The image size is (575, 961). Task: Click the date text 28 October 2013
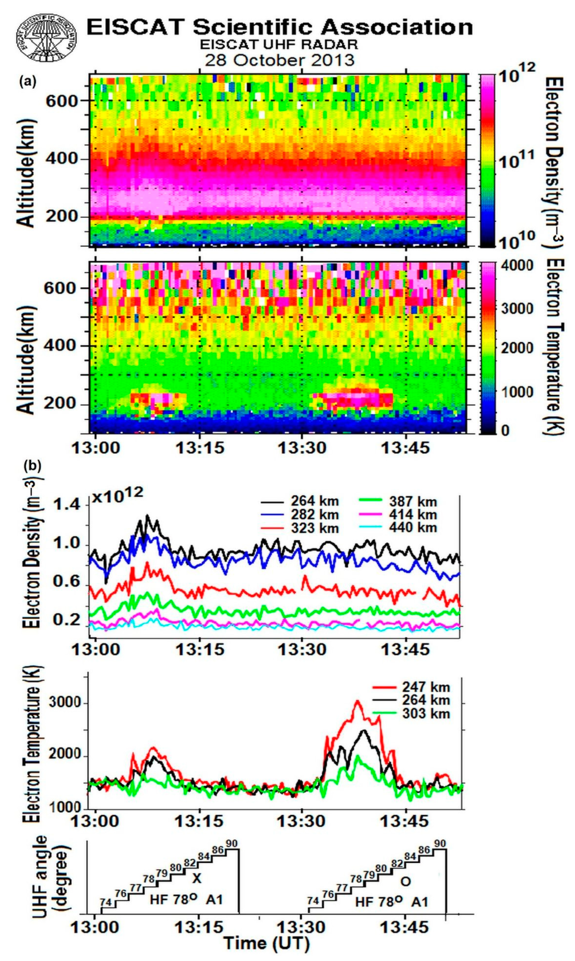click(279, 60)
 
